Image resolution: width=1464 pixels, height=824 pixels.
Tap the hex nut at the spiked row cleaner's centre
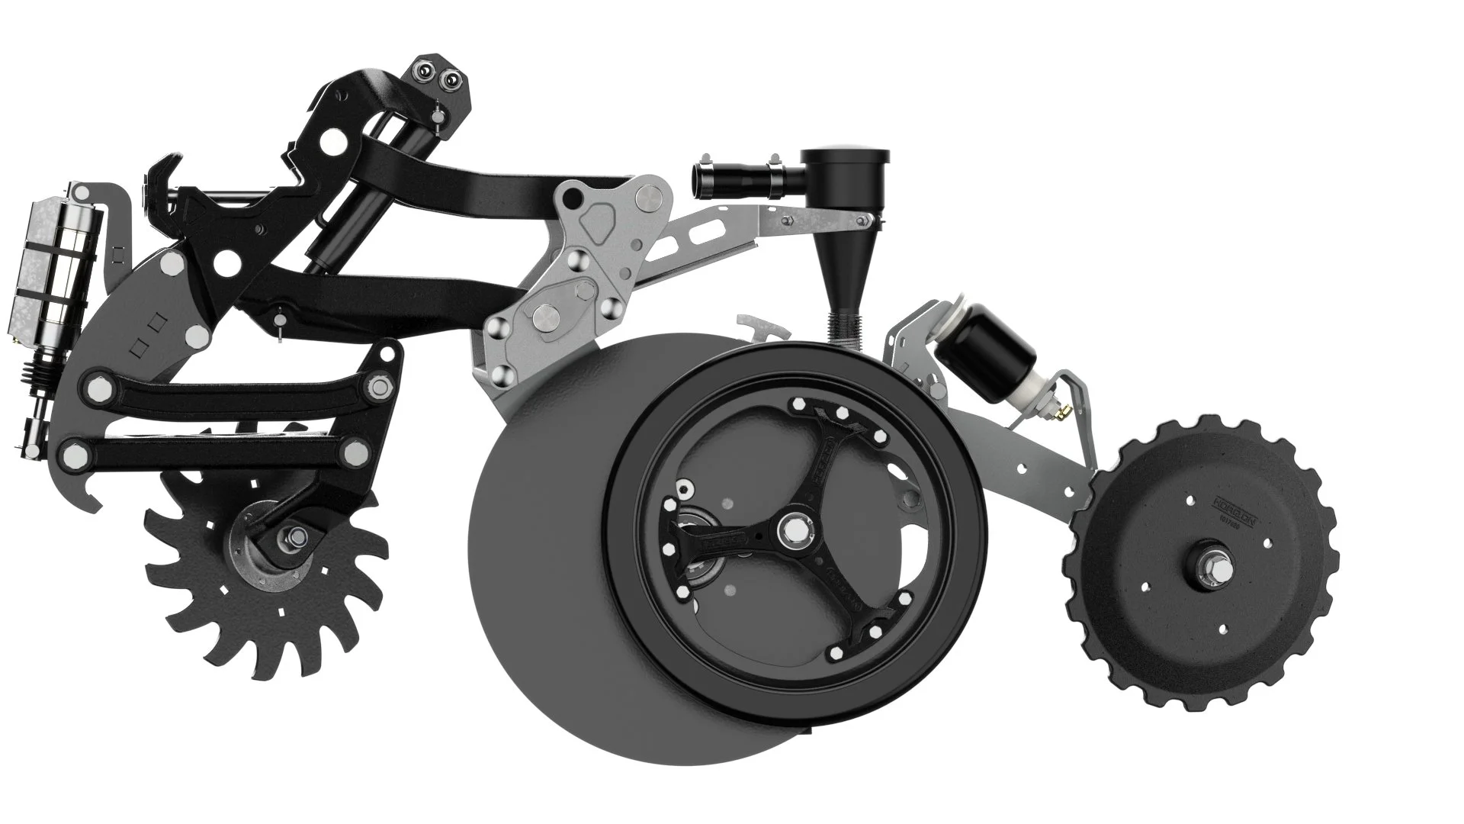(x=292, y=536)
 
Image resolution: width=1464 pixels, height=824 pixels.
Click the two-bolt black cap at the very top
(x=440, y=76)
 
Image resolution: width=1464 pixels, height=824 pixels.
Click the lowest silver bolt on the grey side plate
(x=501, y=374)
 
